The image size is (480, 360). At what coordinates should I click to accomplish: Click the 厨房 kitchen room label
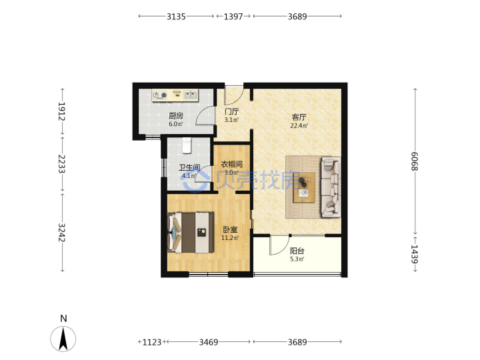click(176, 116)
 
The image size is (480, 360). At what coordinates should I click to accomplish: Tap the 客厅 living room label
click(299, 117)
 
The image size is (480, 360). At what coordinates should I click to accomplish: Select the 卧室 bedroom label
click(230, 229)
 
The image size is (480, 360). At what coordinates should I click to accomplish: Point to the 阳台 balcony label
click(297, 251)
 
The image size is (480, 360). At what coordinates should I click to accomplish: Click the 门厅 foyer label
click(231, 111)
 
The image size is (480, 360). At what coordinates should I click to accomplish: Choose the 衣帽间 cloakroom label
click(232, 164)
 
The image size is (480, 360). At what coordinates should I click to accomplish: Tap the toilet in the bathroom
click(187, 145)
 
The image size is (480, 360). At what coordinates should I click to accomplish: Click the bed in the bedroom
click(191, 233)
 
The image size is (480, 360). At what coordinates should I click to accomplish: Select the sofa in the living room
click(331, 187)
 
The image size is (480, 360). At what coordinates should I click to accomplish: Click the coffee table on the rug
click(304, 187)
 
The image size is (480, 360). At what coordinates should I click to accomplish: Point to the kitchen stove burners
click(160, 95)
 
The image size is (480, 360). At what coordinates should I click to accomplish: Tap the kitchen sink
click(191, 95)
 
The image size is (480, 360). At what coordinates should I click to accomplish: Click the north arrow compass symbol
click(63, 339)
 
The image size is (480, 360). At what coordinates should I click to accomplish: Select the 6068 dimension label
click(415, 161)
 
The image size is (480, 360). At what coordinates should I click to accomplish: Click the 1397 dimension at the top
click(233, 16)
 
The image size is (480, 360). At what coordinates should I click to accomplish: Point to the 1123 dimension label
click(152, 342)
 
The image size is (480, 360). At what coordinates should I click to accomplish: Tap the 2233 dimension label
click(62, 163)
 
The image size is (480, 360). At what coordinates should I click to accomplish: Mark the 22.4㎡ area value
click(299, 125)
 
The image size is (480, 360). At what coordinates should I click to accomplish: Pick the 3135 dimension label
click(176, 16)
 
